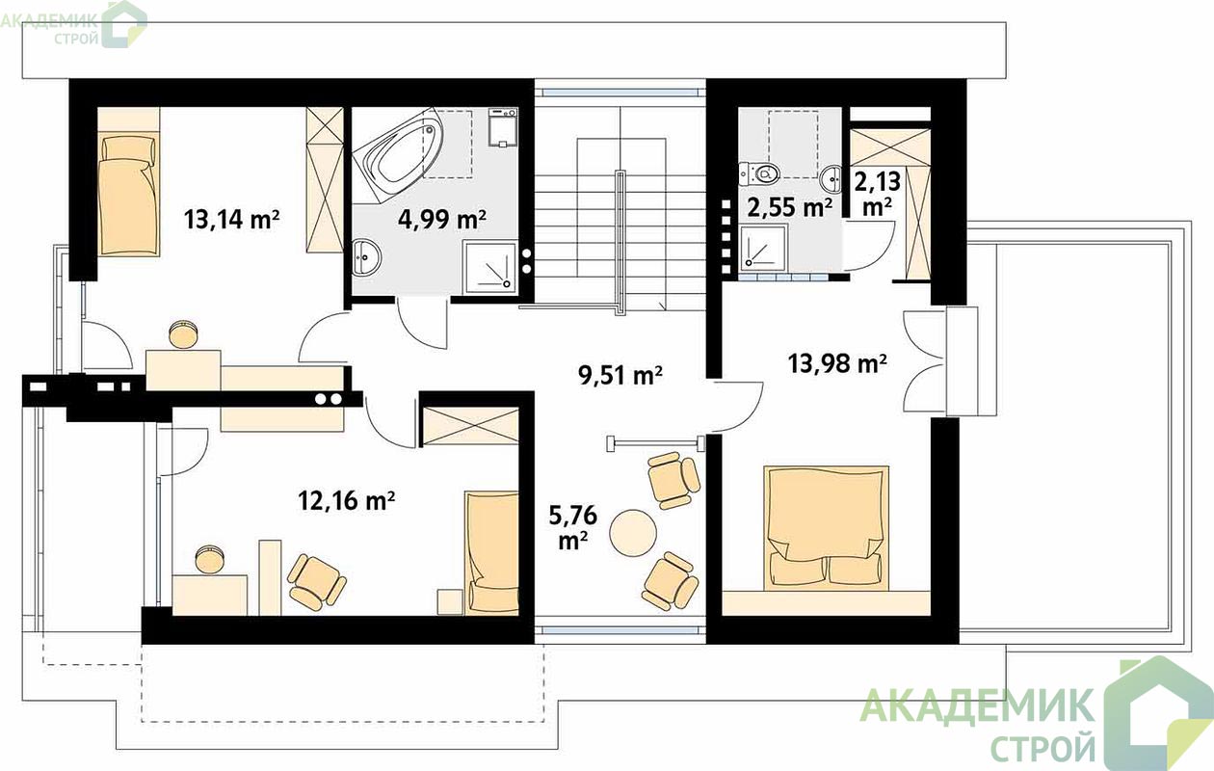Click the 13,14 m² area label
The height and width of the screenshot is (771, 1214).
(231, 220)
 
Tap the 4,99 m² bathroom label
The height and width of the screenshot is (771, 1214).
(441, 220)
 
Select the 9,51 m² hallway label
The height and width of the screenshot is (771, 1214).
(620, 375)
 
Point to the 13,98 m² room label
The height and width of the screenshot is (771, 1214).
(837, 362)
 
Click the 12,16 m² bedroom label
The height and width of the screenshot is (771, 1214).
(346, 500)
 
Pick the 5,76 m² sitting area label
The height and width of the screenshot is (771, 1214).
(573, 527)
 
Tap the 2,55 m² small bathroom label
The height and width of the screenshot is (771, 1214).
(790, 207)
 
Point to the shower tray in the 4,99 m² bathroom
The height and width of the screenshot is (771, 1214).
(489, 267)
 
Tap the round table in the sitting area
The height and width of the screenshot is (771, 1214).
(633, 532)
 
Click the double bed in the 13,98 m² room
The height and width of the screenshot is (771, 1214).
(827, 527)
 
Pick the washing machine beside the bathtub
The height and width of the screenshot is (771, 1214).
(503, 127)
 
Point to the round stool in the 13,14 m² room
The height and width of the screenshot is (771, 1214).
(183, 334)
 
